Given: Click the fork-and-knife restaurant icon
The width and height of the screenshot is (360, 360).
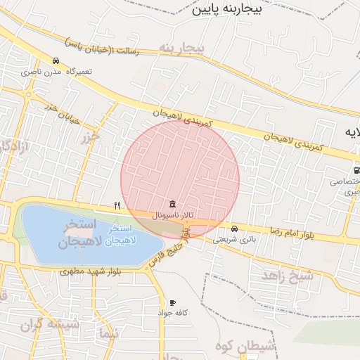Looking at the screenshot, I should click(117, 206).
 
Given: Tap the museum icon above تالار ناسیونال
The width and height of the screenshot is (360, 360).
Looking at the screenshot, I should click(173, 204).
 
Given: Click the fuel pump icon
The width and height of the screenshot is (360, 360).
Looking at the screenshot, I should click(357, 169).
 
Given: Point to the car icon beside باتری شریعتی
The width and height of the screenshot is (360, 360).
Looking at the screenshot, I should click(234, 229).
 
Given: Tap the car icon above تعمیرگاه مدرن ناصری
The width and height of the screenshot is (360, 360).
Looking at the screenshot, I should click(56, 60).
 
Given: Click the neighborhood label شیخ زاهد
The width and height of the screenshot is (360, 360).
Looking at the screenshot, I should click(288, 275).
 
